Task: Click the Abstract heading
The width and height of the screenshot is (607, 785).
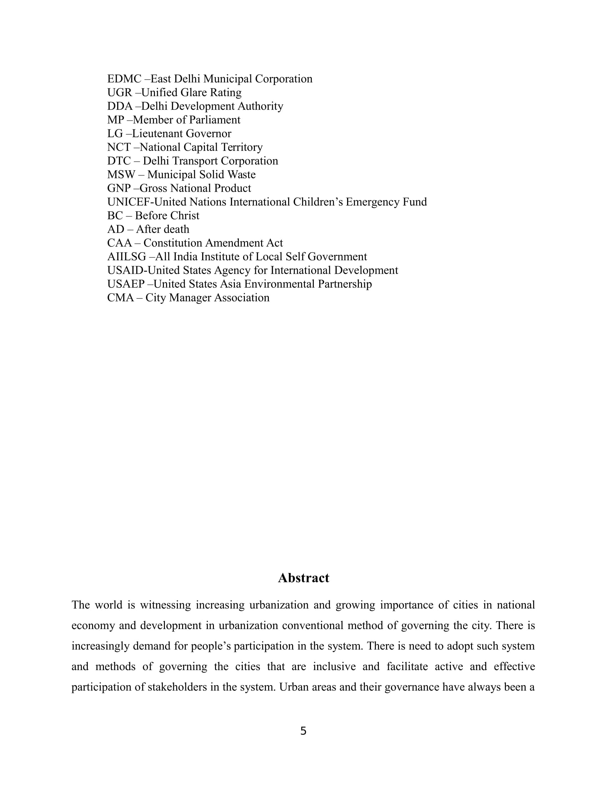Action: (303, 578)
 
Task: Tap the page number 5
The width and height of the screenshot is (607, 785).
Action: (303, 731)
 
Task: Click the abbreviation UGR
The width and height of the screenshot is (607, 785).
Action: (120, 92)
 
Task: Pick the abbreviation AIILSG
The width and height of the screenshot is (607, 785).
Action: (127, 257)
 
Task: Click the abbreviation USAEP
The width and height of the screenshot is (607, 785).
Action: (126, 284)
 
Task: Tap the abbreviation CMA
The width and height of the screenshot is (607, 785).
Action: (120, 298)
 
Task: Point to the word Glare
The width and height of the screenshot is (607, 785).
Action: (194, 92)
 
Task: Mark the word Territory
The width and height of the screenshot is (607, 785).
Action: (242, 147)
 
